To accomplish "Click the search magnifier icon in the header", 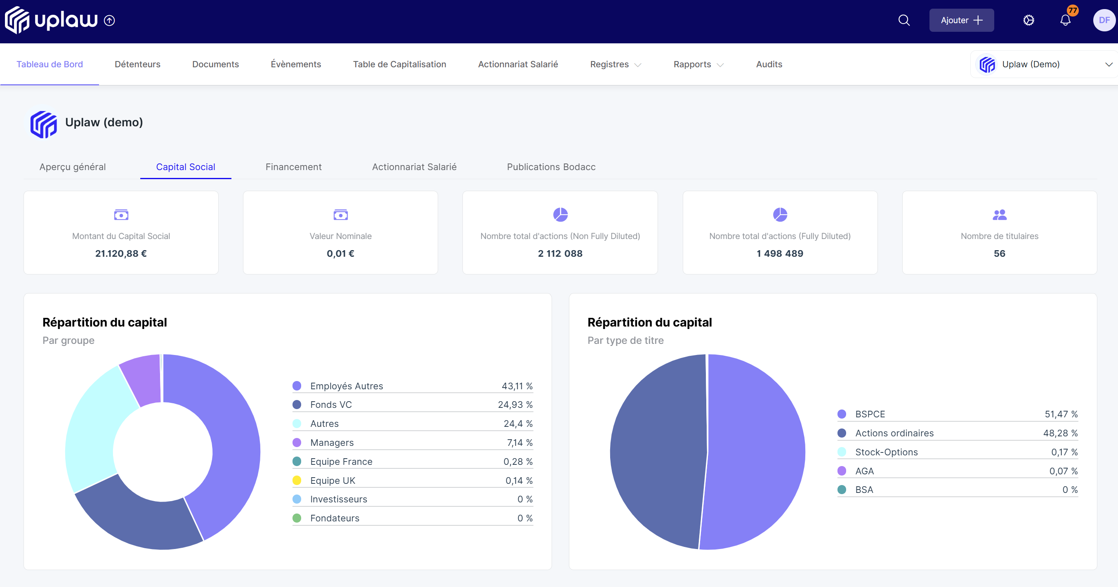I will click(x=903, y=20).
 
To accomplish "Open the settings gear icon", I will click(x=1028, y=20).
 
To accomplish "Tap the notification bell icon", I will click(x=1065, y=20).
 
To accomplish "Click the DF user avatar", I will click(x=1104, y=20).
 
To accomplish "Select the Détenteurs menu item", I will click(x=137, y=64).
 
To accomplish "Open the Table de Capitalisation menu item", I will click(x=399, y=64).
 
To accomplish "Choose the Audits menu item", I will click(x=769, y=64).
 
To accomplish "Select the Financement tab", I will click(x=293, y=167).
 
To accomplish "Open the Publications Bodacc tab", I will click(x=551, y=167).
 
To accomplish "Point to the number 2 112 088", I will click(x=560, y=253).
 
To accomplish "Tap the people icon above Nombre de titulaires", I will click(x=999, y=215).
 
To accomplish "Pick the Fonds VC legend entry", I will click(x=331, y=405).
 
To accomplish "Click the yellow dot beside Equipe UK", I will click(x=297, y=480).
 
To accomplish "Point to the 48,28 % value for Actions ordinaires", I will click(x=1060, y=433).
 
